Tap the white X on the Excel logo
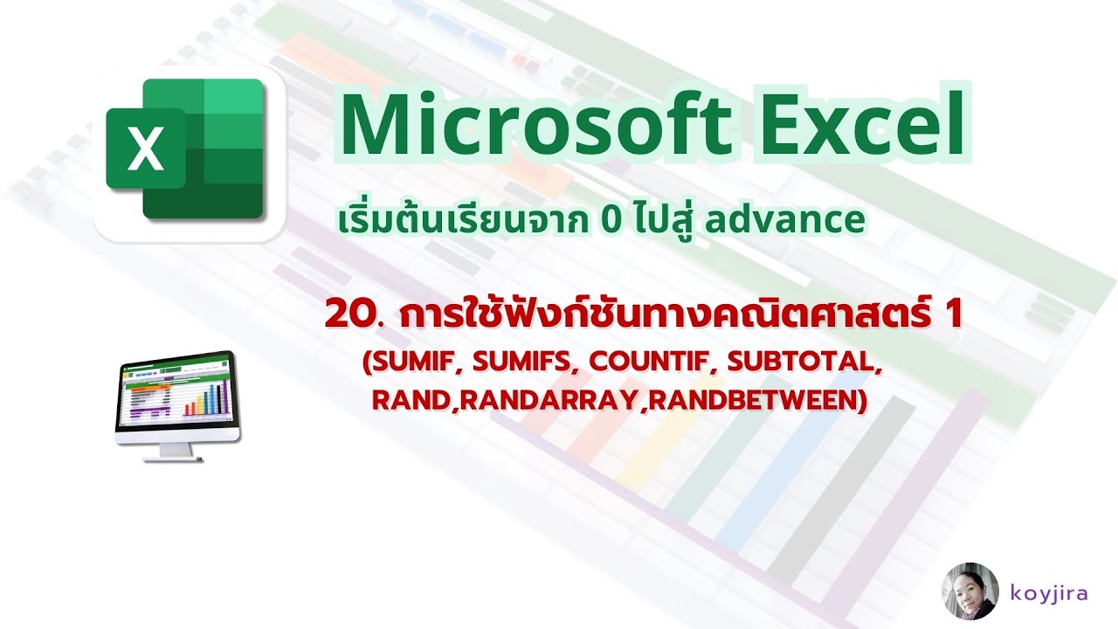[x=145, y=149]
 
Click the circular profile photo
[x=970, y=591]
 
